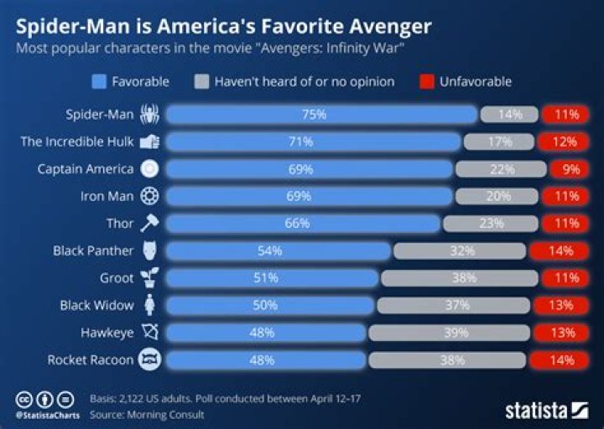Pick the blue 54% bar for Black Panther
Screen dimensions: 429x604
tap(278, 251)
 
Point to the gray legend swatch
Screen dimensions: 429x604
tap(200, 81)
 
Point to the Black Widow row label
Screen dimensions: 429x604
tap(97, 305)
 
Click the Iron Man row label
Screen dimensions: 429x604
tap(107, 196)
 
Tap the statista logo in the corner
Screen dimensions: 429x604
tap(546, 410)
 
